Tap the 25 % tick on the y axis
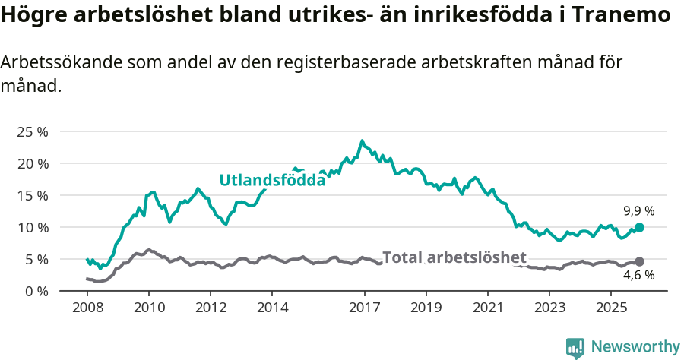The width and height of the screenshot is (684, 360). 32,131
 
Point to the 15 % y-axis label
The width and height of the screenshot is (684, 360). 32,195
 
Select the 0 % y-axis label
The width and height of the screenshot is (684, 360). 36,291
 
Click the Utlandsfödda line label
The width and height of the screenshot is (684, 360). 272,180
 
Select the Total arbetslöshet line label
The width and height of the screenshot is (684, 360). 454,257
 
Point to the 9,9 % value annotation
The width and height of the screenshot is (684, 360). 639,211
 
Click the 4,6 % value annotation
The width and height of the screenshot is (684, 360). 639,275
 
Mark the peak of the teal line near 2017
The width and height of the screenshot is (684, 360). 362,141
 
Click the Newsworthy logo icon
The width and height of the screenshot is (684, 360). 575,348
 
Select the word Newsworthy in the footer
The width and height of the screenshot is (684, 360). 635,347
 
